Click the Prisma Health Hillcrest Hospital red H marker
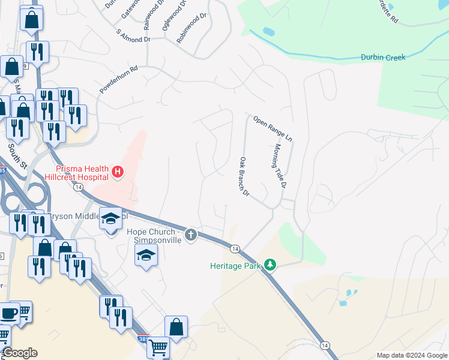pos(118,173)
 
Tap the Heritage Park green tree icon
pos(270,265)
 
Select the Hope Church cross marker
pos(191,234)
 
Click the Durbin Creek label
pos(383,58)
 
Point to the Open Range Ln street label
pos(273,128)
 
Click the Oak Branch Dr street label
pos(244,177)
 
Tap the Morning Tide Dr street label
pos(280,165)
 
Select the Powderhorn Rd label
pos(119,79)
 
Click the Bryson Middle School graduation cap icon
pos(110,219)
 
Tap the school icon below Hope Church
pos(146,256)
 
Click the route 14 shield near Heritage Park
pos(235,248)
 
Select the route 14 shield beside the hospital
pos(78,187)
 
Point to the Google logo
pos(20,353)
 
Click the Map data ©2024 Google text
pos(411,355)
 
